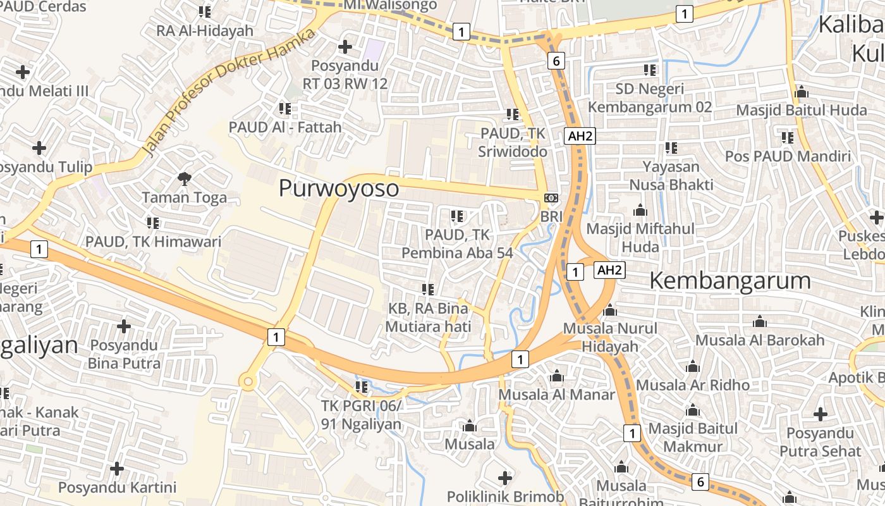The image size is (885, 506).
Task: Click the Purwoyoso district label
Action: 339,188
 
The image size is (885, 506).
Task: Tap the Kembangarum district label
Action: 730,281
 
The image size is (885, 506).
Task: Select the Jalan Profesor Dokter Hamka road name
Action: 228,92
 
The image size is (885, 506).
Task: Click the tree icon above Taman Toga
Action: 184,179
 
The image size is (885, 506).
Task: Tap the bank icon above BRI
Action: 551,198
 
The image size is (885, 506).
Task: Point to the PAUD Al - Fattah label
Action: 285,126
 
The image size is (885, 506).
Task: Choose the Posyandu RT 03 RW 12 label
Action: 345,75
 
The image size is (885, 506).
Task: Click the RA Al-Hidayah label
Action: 205,30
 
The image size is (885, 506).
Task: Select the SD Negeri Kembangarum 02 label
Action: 650,98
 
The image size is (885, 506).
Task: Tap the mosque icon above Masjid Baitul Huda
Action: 802,92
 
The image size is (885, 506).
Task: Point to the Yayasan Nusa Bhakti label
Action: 671,176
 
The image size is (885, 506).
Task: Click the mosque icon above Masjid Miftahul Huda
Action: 640,210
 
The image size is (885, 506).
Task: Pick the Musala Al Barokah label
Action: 760,340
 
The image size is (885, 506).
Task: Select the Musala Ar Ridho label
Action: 693,385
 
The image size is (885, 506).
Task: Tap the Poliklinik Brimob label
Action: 505,497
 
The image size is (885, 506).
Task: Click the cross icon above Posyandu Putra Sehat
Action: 820,415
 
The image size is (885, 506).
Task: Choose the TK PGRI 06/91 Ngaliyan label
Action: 361,414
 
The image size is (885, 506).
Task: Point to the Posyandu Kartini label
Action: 117,488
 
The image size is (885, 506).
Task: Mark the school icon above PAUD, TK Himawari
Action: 153,223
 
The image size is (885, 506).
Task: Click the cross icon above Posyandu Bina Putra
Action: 123,326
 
